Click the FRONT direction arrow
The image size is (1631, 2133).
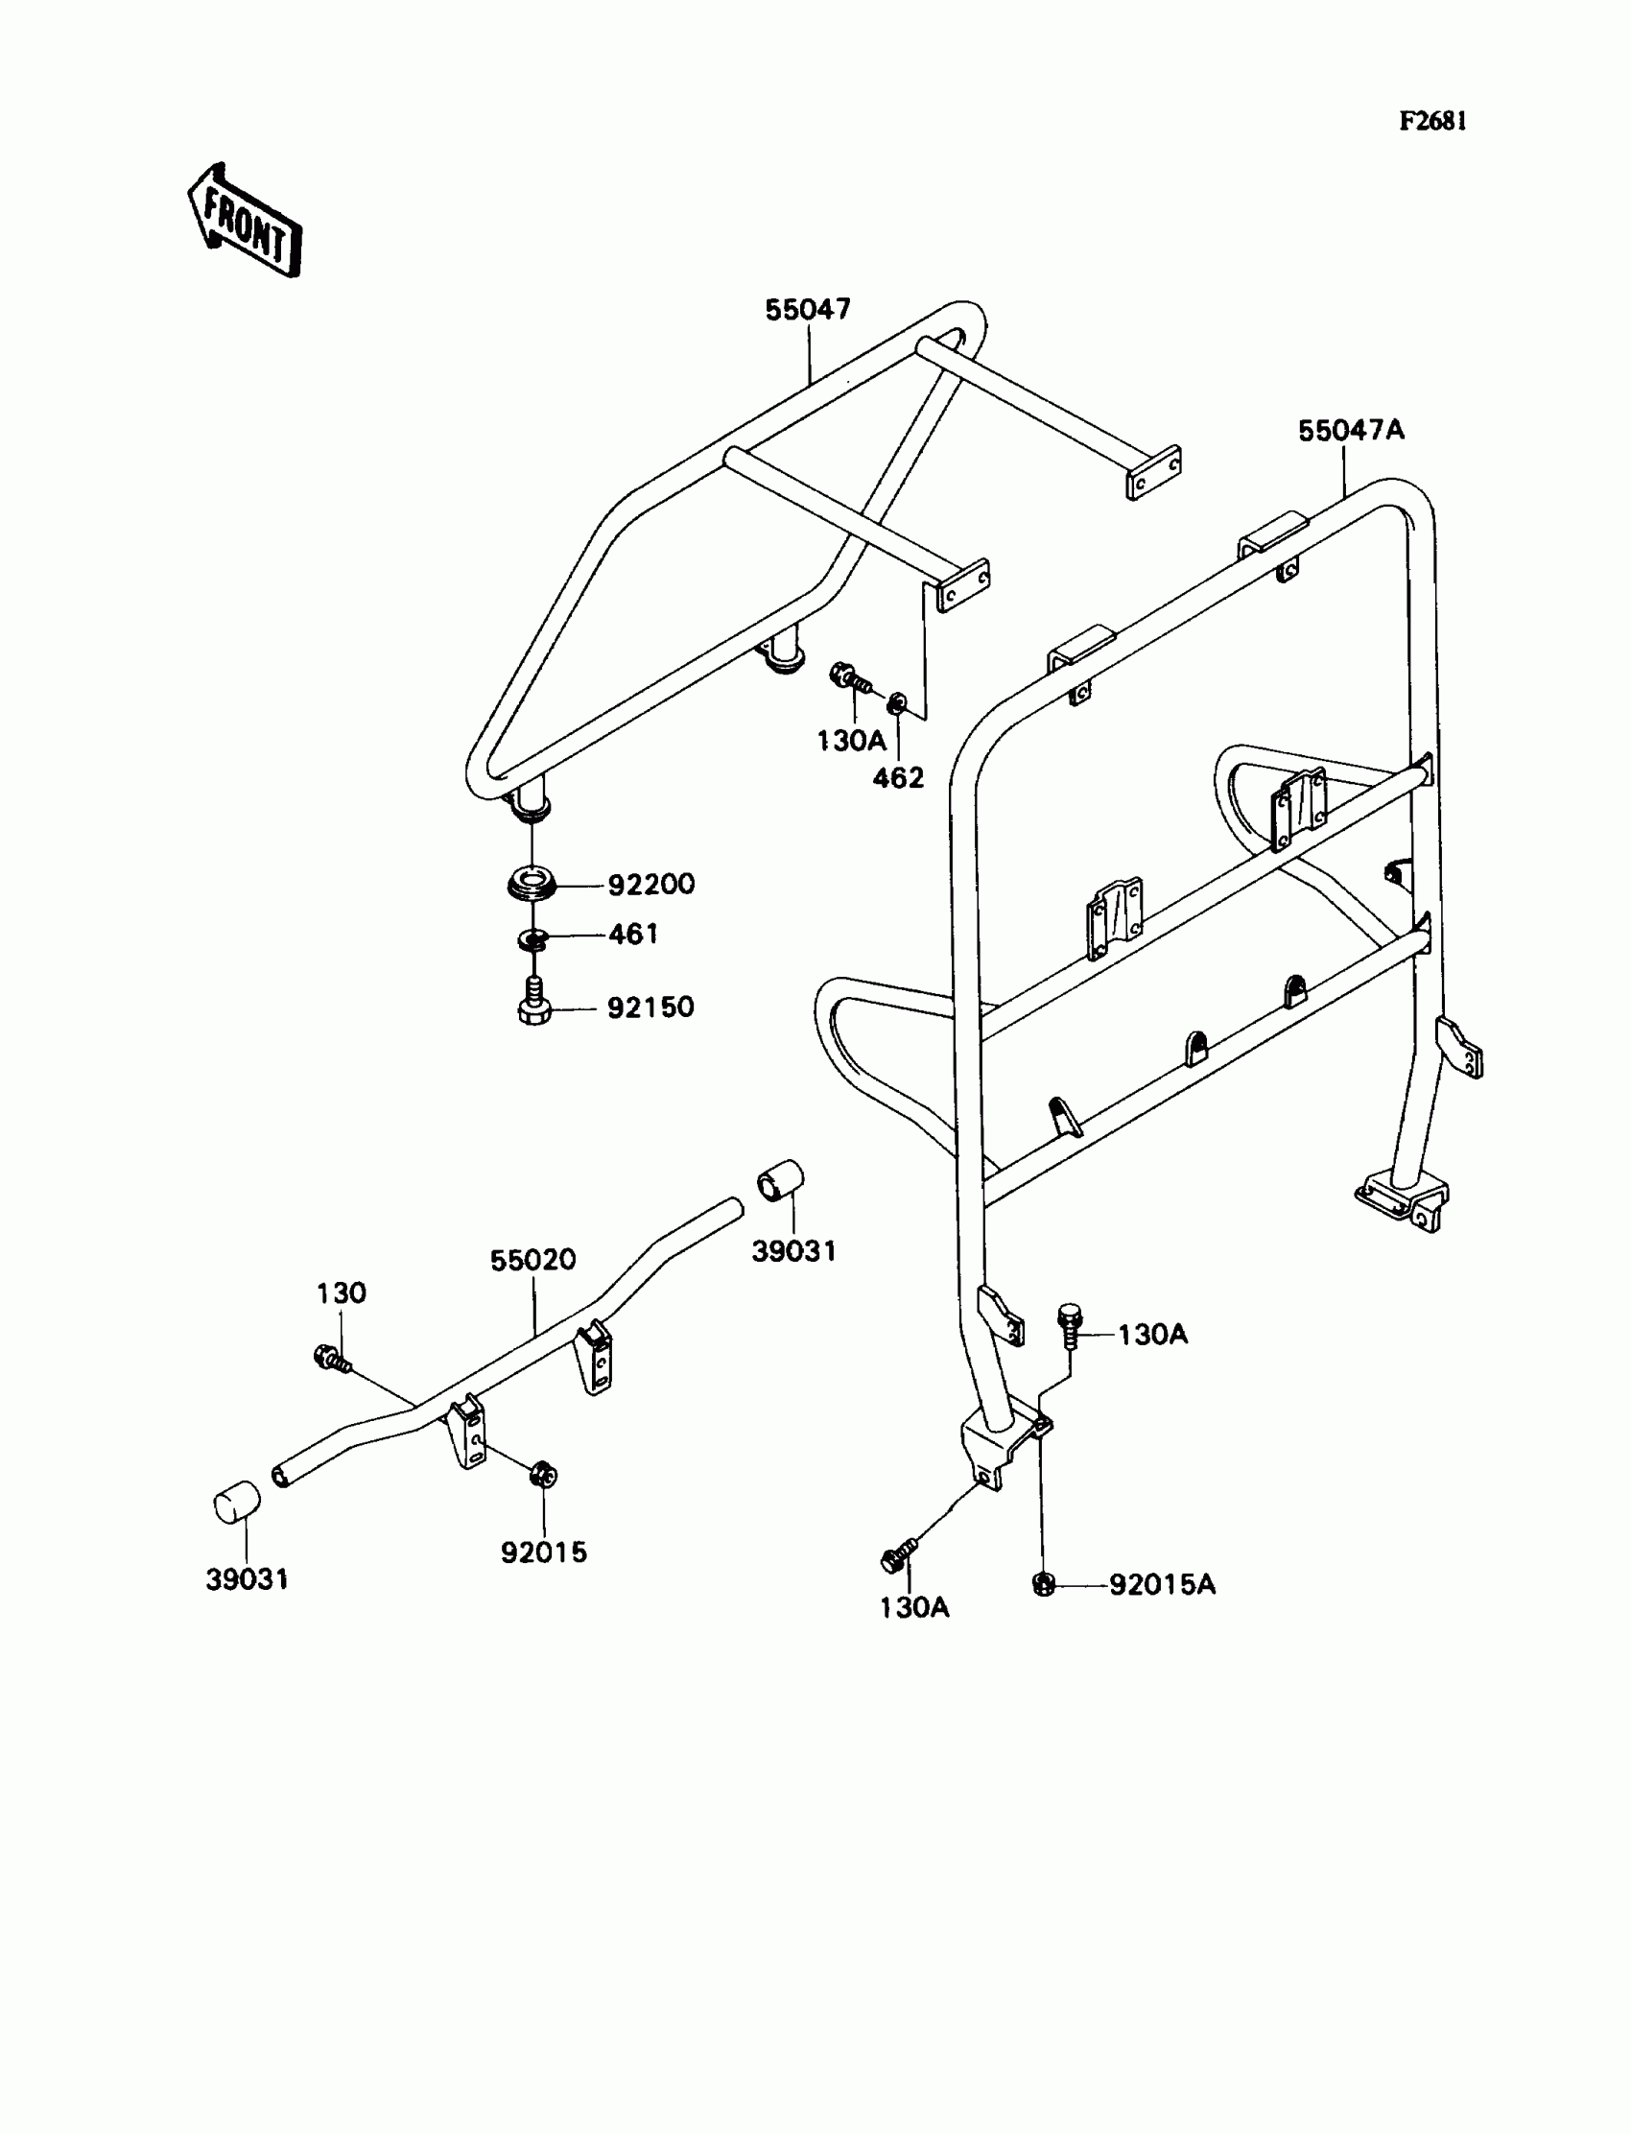coord(245,222)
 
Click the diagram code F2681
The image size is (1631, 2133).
coord(1432,121)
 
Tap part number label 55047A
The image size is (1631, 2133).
coord(1351,430)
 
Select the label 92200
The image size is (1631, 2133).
coord(651,885)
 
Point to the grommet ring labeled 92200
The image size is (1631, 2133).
coord(532,886)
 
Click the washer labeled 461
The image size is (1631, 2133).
coord(533,938)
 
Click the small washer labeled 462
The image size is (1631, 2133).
coord(898,701)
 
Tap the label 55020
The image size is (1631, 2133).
coord(533,1260)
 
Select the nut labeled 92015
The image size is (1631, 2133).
coord(543,1475)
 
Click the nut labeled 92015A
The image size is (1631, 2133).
coord(1042,1584)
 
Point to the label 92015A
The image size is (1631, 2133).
coord(1162,1584)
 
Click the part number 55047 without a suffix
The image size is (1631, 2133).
coord(808,310)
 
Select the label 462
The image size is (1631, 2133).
coord(898,777)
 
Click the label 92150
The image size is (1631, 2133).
coord(650,1007)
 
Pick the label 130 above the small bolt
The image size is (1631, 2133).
coord(341,1293)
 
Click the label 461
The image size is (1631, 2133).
coord(633,934)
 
